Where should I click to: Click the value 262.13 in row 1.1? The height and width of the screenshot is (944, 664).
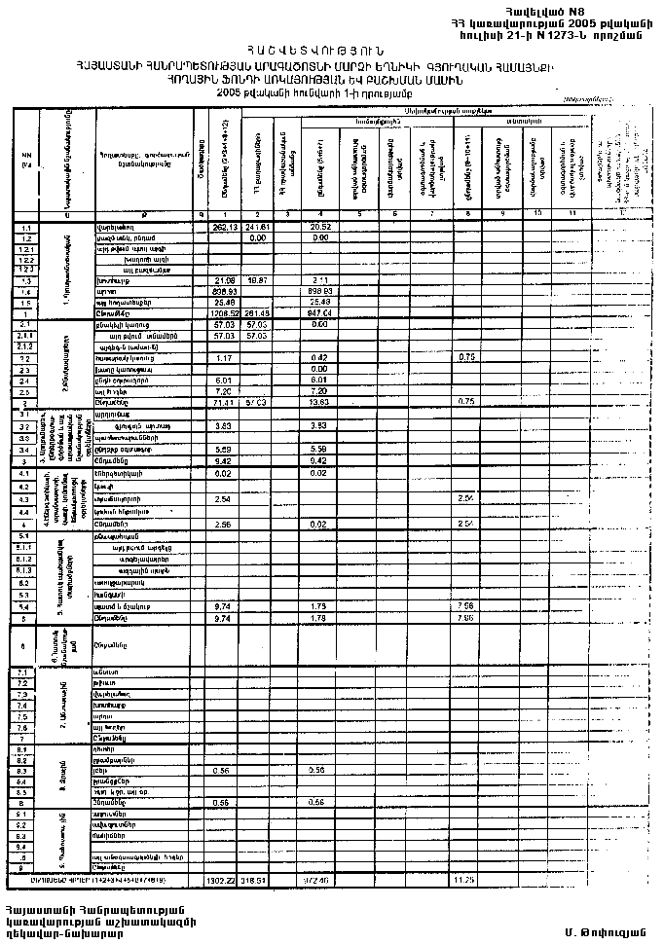[x=225, y=227]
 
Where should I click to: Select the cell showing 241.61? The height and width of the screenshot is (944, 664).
[x=257, y=227]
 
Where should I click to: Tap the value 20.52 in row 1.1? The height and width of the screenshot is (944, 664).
[x=320, y=227]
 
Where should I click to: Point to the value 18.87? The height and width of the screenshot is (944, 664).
[x=258, y=280]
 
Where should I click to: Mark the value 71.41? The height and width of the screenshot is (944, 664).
[x=225, y=401]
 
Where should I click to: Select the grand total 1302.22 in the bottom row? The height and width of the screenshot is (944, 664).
[x=223, y=880]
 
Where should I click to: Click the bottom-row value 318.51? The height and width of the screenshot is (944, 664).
[x=256, y=880]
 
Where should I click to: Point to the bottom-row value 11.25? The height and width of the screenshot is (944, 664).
[x=464, y=880]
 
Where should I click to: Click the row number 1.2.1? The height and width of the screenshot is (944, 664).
[x=26, y=248]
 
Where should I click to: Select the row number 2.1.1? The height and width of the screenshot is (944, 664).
[x=26, y=335]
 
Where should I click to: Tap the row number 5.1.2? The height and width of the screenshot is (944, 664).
[x=26, y=560]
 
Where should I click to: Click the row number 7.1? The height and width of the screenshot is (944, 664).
[x=26, y=672]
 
